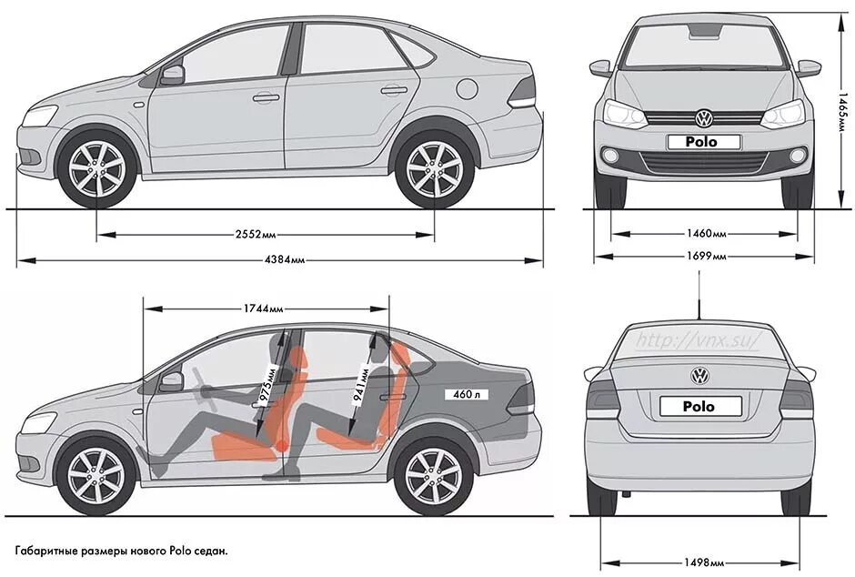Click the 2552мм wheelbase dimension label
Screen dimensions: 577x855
(256, 234)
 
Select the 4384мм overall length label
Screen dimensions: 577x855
(285, 260)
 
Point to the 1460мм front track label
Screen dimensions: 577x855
(705, 234)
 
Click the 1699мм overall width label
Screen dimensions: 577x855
(705, 257)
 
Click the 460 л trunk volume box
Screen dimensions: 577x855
(458, 394)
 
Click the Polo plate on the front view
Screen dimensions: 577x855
(704, 142)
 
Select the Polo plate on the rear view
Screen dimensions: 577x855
(699, 406)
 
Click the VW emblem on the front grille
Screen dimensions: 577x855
(704, 118)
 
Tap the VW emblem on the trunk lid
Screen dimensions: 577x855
(699, 376)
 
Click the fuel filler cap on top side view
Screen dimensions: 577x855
(466, 89)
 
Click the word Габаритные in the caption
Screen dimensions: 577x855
(49, 552)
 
